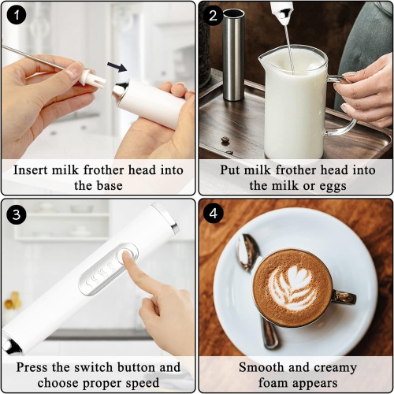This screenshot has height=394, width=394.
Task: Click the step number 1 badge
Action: (16, 16)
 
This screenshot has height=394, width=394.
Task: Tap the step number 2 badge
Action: (212, 16)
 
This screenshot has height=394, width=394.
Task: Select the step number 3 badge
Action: (16, 213)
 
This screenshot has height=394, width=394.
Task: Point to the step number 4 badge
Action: (212, 213)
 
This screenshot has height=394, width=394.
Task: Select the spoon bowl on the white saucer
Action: (247, 253)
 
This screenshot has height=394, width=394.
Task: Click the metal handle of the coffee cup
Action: (344, 297)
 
